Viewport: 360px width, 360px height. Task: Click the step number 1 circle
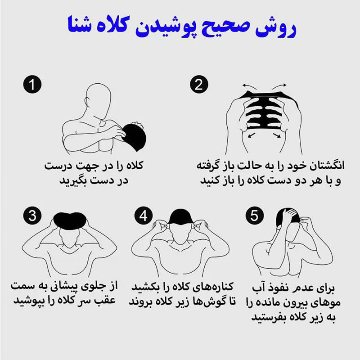point(32,84)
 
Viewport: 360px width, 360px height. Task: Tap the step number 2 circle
point(199,84)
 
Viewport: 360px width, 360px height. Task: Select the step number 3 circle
point(32,216)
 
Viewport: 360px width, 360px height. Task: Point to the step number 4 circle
point(144,216)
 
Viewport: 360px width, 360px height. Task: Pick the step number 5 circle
point(254,216)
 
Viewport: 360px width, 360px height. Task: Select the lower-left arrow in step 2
point(252,135)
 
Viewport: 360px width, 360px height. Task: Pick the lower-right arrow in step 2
point(277,135)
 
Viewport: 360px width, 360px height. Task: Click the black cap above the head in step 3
point(70,220)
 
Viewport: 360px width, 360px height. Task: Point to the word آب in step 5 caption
point(258,287)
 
